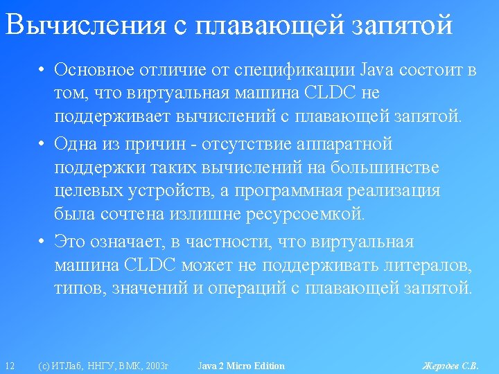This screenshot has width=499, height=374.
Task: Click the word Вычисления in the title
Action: [86, 24]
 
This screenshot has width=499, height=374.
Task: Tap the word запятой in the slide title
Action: [402, 25]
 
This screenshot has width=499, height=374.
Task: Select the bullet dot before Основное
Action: [41, 70]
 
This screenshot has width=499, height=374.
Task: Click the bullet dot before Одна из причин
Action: [41, 144]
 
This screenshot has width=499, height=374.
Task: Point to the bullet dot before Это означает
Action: [41, 242]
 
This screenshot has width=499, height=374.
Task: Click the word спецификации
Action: [294, 71]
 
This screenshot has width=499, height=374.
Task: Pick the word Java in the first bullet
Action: [376, 70]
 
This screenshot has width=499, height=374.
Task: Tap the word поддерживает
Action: [112, 116]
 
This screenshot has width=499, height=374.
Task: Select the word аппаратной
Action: [344, 144]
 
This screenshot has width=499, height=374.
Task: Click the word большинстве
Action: [385, 167]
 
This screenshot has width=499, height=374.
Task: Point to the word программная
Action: [288, 191]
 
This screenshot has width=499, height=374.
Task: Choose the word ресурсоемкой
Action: [305, 215]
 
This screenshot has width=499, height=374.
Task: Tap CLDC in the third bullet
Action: [150, 265]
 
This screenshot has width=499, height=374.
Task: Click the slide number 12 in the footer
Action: [10, 366]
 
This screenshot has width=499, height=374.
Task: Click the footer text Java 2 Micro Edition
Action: [241, 366]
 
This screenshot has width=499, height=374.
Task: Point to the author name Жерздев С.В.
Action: [450, 366]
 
